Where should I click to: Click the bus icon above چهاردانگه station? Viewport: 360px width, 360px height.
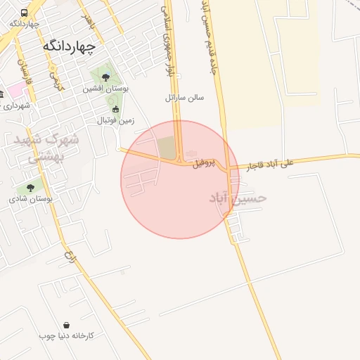pyautogui.click(x=25, y=13)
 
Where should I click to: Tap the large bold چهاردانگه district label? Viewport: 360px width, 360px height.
pyautogui.click(x=69, y=46)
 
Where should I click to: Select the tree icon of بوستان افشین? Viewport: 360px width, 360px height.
pyautogui.click(x=105, y=77)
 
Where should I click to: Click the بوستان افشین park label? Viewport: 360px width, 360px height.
pyautogui.click(x=104, y=89)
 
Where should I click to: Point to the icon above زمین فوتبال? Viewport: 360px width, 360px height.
pyautogui.click(x=115, y=109)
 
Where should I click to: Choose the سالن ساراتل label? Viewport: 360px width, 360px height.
pyautogui.click(x=184, y=97)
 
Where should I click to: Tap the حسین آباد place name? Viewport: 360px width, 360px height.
pyautogui.click(x=238, y=198)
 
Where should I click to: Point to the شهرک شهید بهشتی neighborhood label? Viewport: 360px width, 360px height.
pyautogui.click(x=46, y=148)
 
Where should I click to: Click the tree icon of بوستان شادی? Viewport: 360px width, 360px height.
pyautogui.click(x=30, y=188)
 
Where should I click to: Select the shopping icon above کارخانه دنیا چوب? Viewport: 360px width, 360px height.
pyautogui.click(x=66, y=325)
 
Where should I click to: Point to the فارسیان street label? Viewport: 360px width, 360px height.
pyautogui.click(x=22, y=70)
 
